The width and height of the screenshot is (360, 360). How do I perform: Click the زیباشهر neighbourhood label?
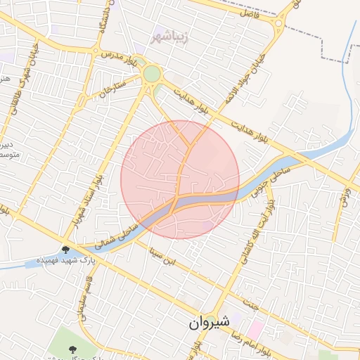tap(169, 34)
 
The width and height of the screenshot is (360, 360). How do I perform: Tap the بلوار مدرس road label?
tap(116, 54)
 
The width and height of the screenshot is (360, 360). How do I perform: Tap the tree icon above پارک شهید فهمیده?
tap(65, 250)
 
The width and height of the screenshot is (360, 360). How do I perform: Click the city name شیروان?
tap(209, 322)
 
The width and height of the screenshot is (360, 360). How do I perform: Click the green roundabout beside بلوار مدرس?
tap(152, 74)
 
